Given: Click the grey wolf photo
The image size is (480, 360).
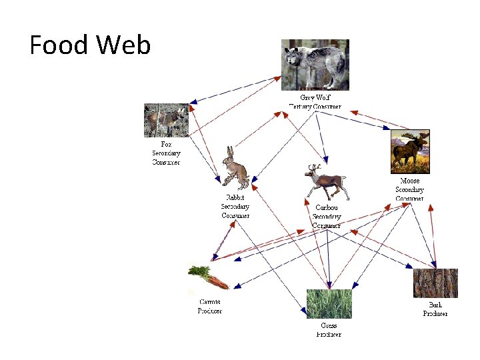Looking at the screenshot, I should (315, 64).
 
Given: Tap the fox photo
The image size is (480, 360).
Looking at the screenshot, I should (166, 120).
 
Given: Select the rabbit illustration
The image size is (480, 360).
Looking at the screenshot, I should (235, 169).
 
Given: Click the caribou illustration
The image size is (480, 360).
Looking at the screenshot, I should (326, 181).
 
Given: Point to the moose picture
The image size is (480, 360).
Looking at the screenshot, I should (410, 152).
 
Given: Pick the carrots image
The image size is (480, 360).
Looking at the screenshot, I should (209, 276).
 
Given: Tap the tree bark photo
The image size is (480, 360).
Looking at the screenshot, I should (435, 283).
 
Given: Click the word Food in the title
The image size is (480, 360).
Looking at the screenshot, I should (59, 45).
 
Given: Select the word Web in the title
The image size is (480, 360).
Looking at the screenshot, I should (123, 45).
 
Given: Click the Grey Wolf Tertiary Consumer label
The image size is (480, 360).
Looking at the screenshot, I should (315, 102).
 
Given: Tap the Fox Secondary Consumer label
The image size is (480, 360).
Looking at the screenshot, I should (166, 153).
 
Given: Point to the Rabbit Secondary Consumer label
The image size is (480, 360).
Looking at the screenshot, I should (235, 207).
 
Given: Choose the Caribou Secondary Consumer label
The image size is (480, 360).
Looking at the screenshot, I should (327, 217).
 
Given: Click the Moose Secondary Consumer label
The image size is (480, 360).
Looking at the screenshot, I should (409, 189).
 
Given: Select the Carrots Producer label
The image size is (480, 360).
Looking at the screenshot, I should (209, 307).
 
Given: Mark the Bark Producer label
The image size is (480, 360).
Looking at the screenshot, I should (435, 309).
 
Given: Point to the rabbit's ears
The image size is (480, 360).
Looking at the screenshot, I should (231, 153).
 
